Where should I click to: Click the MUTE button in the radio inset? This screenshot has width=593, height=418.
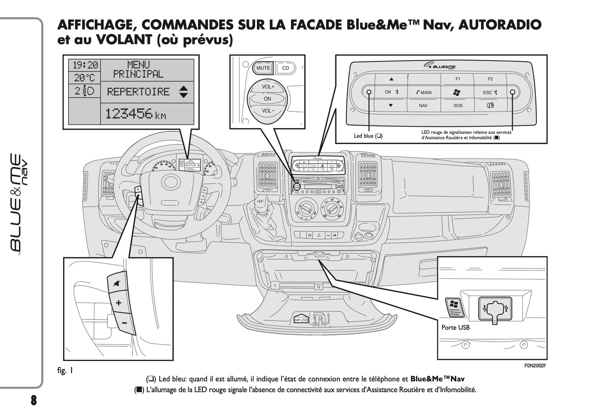(263, 68)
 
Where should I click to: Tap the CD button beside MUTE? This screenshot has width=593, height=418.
(286, 68)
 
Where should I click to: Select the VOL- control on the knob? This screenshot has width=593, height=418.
(268, 111)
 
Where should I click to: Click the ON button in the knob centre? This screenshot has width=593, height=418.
(268, 99)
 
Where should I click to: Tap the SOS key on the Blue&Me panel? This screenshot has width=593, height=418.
(458, 106)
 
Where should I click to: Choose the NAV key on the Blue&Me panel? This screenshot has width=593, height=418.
(423, 106)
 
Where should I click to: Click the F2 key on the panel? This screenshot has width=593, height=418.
(490, 79)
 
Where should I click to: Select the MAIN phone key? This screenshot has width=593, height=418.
(424, 92)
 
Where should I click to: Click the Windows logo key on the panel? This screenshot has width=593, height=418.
(457, 92)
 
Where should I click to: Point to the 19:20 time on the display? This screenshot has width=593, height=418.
(85, 65)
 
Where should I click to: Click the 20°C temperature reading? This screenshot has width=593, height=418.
(85, 78)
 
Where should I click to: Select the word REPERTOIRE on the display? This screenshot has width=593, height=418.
(138, 92)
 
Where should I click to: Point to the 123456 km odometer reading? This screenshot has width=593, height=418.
(135, 114)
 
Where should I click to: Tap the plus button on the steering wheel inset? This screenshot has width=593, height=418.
(119, 303)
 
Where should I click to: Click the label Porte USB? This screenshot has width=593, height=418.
(456, 327)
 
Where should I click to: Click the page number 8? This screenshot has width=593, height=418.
(33, 400)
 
